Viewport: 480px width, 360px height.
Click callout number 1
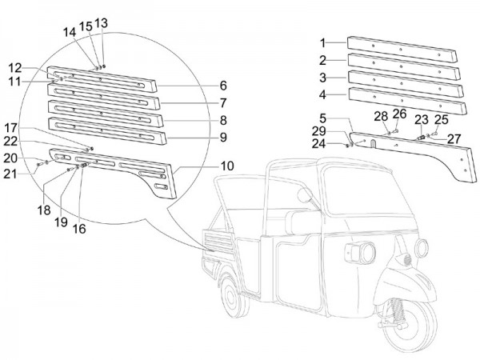tap(322, 42)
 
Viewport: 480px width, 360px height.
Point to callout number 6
tap(223, 86)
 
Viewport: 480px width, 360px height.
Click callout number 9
tap(223, 137)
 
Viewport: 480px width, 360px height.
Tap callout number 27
tap(454, 138)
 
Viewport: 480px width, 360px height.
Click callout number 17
tap(33, 127)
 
